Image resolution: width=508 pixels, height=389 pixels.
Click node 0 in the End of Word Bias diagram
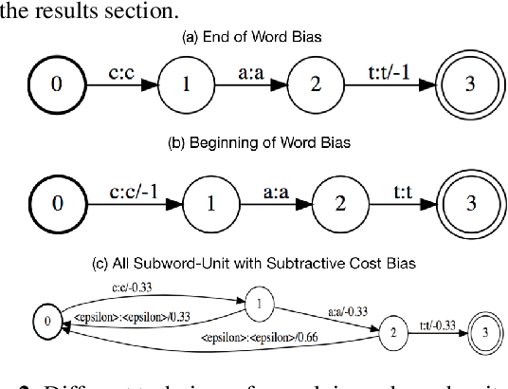pos(56,83)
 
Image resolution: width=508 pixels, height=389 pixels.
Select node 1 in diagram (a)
pos(186,83)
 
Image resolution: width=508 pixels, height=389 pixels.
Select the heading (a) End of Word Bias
pos(253,38)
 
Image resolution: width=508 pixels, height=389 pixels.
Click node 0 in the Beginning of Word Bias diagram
pos(56,203)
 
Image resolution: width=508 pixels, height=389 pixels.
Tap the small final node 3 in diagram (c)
pos(484,331)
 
